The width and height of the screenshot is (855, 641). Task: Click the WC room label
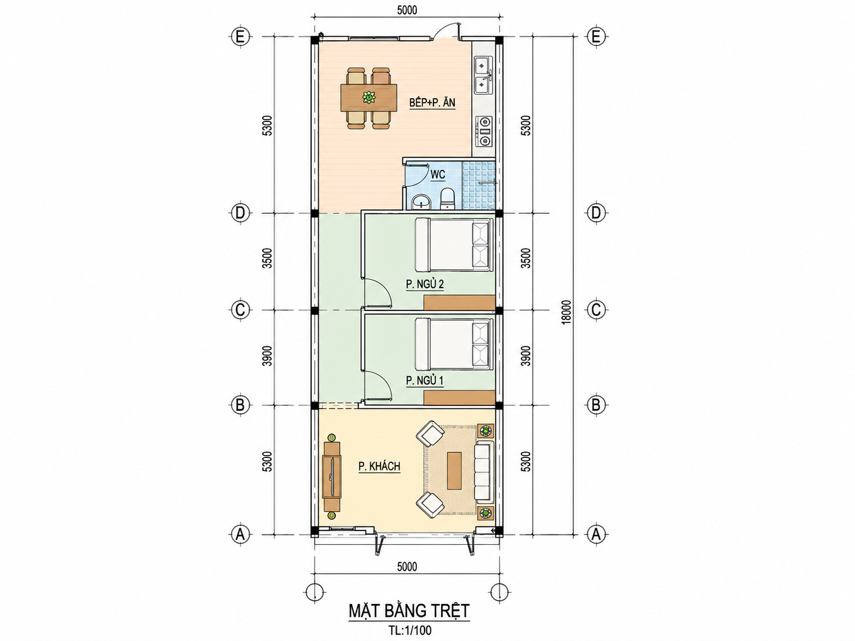click(438, 175)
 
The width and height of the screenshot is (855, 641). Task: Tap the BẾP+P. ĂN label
click(432, 103)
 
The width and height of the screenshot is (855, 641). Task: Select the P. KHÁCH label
click(380, 466)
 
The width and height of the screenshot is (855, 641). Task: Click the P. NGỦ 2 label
click(425, 284)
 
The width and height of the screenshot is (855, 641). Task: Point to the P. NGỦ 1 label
click(425, 381)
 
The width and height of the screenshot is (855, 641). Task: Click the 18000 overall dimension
click(567, 312)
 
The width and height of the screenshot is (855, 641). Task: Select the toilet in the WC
click(447, 198)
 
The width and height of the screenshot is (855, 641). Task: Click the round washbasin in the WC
click(420, 202)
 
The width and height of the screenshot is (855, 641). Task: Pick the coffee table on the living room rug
click(454, 470)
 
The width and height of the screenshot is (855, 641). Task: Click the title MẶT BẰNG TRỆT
click(409, 611)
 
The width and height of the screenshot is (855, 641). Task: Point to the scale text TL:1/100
click(409, 630)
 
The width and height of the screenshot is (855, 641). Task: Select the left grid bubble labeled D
click(240, 213)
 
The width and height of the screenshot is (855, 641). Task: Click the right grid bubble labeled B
click(596, 405)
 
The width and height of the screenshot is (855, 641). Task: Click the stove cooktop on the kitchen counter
click(484, 131)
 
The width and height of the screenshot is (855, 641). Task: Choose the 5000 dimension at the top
click(407, 10)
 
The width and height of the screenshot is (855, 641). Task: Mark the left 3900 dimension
click(267, 356)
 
